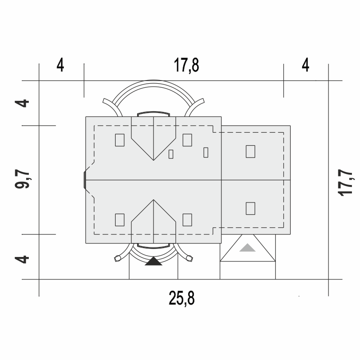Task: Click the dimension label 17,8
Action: (186, 66)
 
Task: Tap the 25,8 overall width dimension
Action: (182, 298)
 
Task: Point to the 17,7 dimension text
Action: (346, 183)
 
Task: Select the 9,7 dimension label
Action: (22, 179)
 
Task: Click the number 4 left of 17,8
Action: (60, 65)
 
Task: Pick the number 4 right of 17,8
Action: (306, 65)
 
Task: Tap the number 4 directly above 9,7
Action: (22, 103)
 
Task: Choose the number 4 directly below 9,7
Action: (22, 260)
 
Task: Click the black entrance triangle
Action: (153, 261)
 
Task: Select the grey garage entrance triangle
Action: (247, 247)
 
